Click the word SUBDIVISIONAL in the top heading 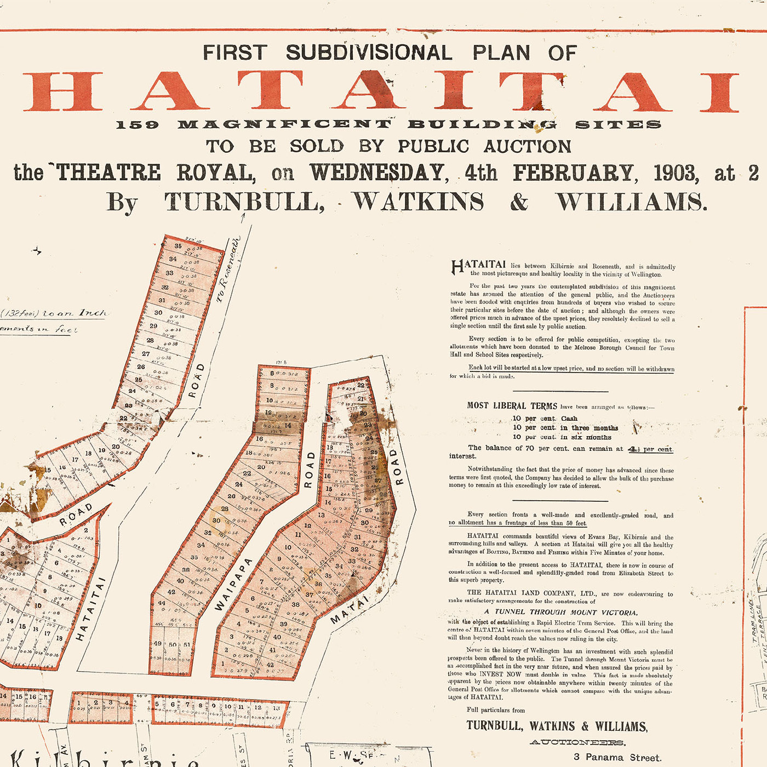click(369, 53)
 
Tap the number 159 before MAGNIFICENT click(137, 125)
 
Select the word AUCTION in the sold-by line click(528, 146)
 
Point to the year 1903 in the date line click(676, 173)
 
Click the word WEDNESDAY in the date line click(378, 173)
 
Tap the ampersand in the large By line click(519, 202)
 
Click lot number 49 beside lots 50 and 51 click(158, 644)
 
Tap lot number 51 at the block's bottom click(187, 645)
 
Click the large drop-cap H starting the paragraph click(457, 267)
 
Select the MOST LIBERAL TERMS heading click(512, 406)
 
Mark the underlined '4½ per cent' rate click(650, 449)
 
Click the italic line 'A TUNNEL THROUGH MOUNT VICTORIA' click(560, 612)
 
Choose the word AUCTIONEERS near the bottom click(577, 742)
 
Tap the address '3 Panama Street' click(617, 758)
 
